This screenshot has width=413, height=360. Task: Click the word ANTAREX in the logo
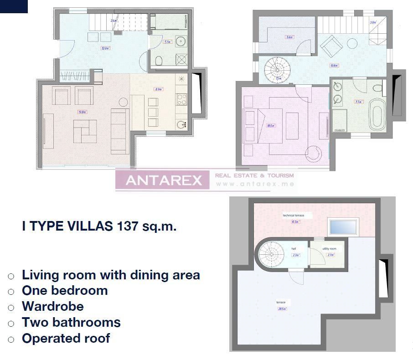(x=164, y=180)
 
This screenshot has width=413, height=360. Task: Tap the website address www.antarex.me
(x=255, y=184)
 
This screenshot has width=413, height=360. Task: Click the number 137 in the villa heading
(x=128, y=226)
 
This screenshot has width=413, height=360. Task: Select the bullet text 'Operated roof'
(x=66, y=338)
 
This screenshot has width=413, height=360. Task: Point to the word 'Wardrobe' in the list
(x=52, y=306)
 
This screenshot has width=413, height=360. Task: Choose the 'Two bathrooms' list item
(x=71, y=322)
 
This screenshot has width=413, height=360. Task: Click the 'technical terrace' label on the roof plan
(x=293, y=215)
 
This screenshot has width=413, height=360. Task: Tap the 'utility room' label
(x=329, y=249)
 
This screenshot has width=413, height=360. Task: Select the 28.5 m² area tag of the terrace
(x=283, y=309)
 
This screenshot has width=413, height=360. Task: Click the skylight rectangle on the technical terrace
(x=343, y=226)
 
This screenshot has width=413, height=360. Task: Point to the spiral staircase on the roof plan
(x=269, y=254)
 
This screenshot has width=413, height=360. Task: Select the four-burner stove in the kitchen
(x=181, y=99)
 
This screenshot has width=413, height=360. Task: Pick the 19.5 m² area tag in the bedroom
(x=271, y=126)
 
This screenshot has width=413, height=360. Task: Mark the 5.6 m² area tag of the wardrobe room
(x=289, y=37)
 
